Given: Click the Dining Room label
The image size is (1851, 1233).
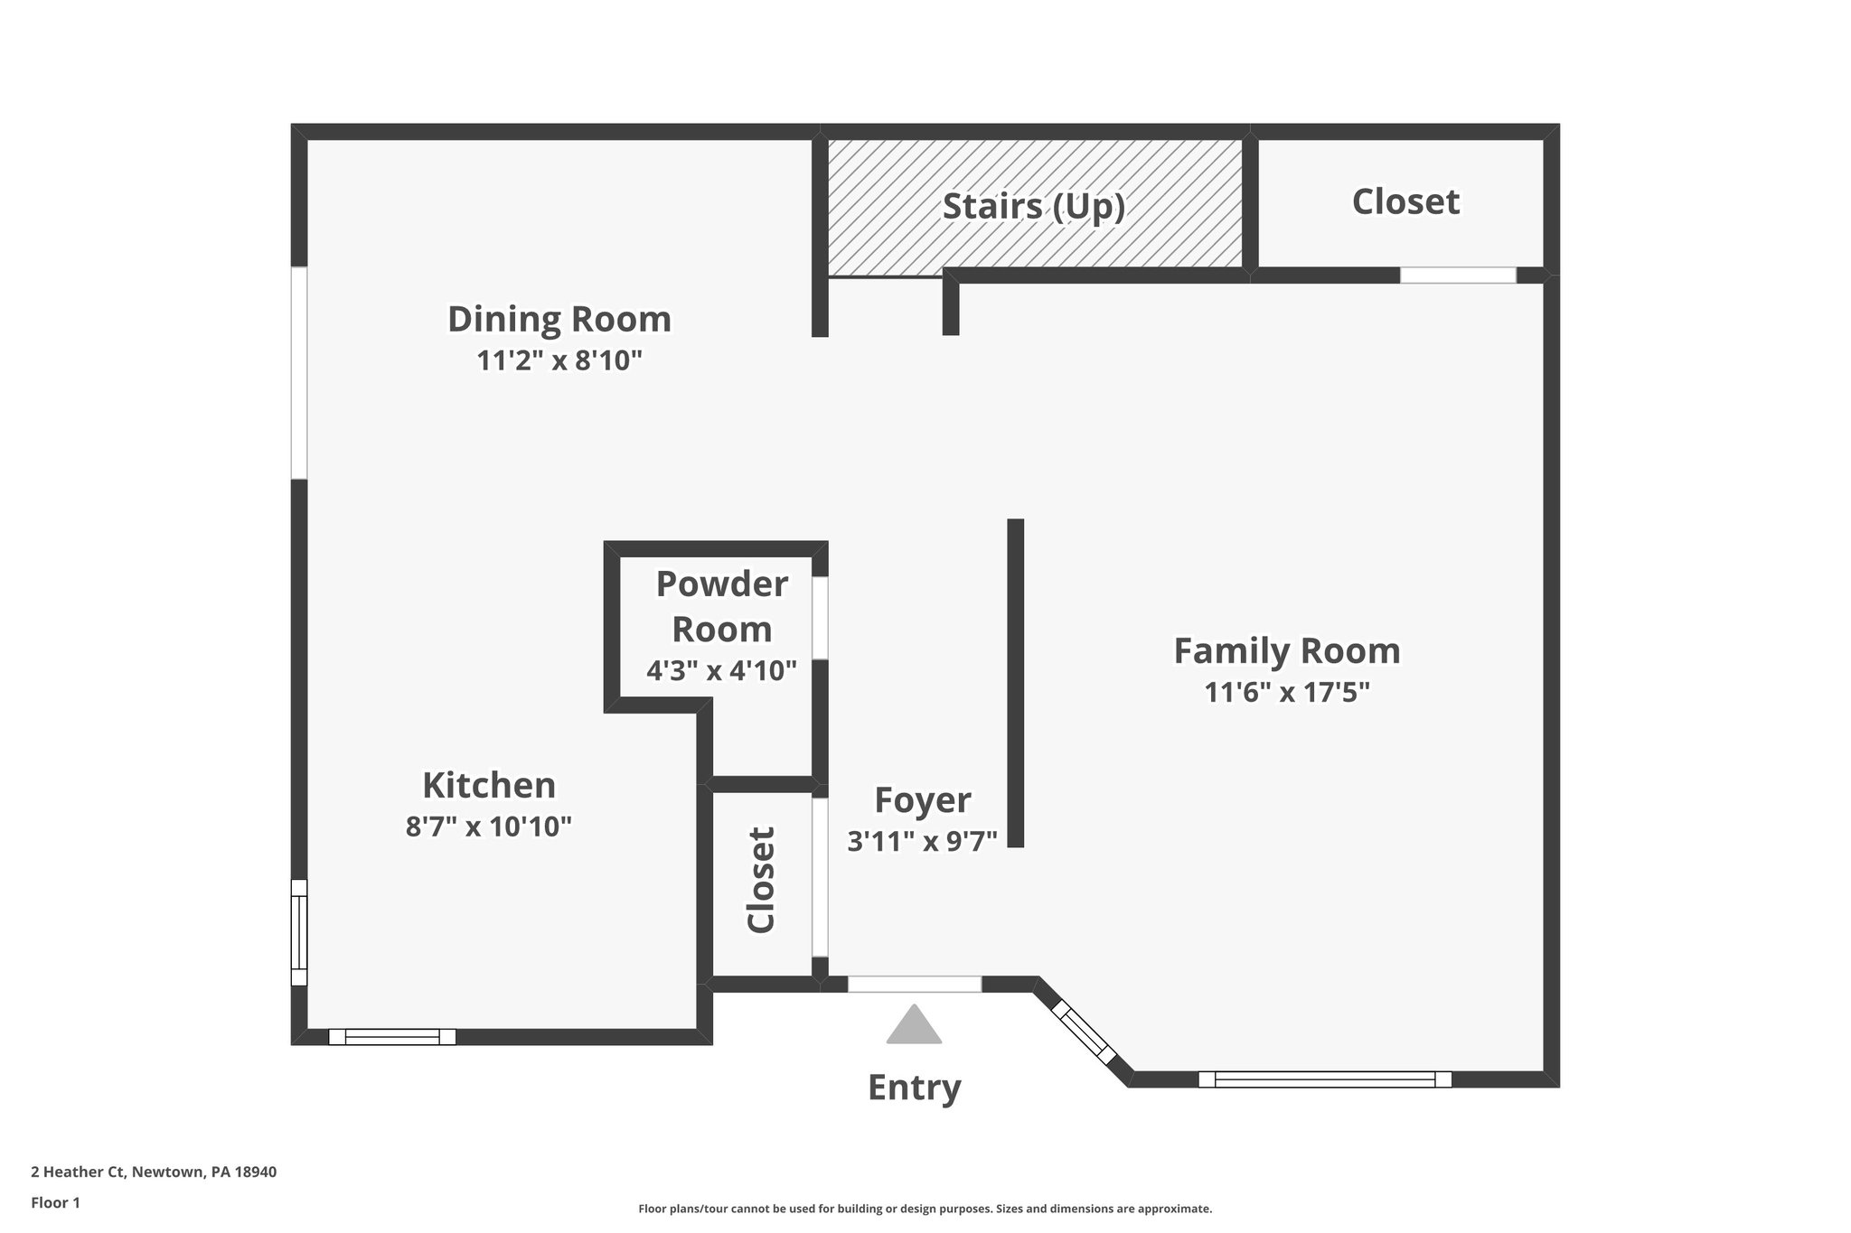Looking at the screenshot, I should (559, 320).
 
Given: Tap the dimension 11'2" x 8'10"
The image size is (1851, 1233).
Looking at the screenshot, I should (559, 361).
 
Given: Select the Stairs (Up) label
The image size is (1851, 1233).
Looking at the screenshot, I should (1034, 207).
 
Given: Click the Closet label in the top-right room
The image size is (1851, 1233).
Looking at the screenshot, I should (1405, 202).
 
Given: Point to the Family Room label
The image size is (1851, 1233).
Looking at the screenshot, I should (1286, 651).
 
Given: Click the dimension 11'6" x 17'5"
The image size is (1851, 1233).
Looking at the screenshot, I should (1286, 693).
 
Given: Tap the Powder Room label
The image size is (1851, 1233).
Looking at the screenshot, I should (721, 606).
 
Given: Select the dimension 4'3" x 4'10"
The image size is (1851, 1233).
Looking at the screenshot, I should (721, 671).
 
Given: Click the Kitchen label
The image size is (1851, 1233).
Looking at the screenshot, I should (489, 785).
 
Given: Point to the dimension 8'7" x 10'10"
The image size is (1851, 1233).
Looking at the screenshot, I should (489, 827).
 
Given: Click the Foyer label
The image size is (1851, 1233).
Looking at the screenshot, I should (922, 800).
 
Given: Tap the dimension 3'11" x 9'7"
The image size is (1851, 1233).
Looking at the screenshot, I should (922, 842).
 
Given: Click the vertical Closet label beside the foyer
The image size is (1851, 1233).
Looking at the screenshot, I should (761, 880).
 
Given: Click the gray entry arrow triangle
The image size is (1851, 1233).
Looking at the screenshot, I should (914, 1028).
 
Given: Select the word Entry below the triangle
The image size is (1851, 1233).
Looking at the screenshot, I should (914, 1088).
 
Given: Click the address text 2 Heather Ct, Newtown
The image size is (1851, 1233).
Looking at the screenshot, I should (154, 1172).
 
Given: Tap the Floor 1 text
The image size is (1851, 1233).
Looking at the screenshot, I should (56, 1202).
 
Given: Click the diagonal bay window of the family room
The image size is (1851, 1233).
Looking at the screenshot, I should (1084, 1031).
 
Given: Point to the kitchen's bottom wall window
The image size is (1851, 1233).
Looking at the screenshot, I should (391, 1037).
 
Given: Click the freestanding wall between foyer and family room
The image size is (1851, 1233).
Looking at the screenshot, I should (1016, 683).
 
